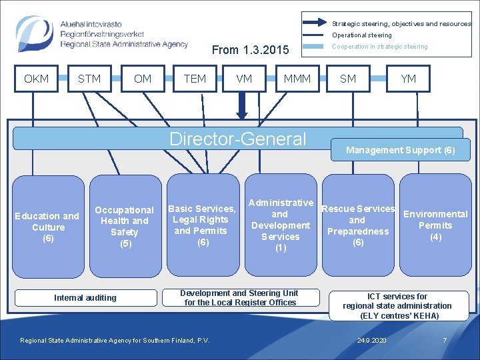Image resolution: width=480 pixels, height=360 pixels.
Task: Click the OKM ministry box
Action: click(x=36, y=79)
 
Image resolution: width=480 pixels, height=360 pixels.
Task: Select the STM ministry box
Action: click(x=89, y=79)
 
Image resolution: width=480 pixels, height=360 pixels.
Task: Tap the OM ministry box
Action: click(x=143, y=79)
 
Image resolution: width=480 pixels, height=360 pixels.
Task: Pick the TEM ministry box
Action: click(x=195, y=79)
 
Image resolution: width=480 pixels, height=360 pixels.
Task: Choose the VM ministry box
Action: click(x=244, y=79)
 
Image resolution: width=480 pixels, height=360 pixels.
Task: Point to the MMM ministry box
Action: click(x=297, y=79)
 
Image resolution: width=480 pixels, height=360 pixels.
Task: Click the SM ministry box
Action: click(x=348, y=79)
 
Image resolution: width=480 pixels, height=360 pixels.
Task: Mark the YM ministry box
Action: click(x=409, y=79)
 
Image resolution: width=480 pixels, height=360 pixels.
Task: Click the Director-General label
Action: click(x=238, y=139)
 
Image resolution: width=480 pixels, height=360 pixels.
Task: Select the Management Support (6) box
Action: click(x=400, y=150)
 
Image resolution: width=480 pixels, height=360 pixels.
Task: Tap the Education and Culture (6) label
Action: click(x=47, y=227)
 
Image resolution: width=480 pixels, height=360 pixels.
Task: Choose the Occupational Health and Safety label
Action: click(x=124, y=227)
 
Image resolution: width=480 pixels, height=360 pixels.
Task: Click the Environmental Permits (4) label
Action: click(x=435, y=225)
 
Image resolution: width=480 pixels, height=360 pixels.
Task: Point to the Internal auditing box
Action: click(x=85, y=298)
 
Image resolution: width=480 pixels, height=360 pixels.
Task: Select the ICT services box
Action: click(x=397, y=306)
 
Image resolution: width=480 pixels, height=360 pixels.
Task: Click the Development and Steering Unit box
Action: click(x=239, y=297)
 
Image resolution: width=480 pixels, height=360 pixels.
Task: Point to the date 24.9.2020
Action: click(x=372, y=341)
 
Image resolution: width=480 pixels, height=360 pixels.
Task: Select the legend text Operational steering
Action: click(x=362, y=35)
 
